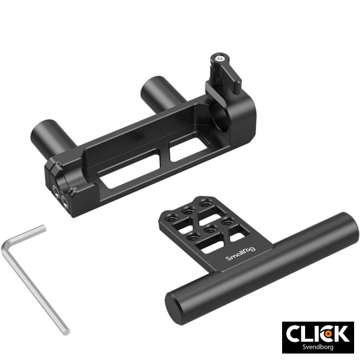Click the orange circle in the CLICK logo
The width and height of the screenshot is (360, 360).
326,333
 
